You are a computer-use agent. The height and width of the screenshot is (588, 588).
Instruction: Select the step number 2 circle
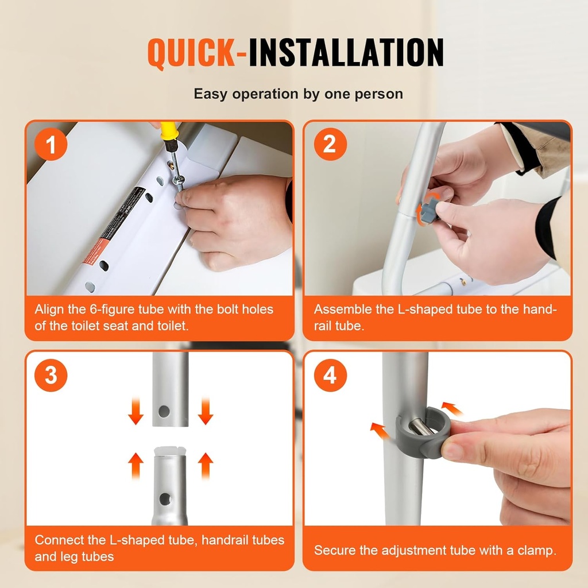pos(329,144)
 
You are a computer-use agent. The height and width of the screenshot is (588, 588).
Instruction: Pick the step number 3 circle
pos(51,376)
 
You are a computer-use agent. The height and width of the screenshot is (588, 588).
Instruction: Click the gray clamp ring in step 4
pos(424,434)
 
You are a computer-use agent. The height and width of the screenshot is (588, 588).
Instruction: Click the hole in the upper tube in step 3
pos(164,411)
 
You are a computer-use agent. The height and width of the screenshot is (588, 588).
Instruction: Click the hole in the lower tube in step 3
pos(165,498)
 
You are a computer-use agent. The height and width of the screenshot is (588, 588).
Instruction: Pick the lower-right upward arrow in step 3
pos(205,466)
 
